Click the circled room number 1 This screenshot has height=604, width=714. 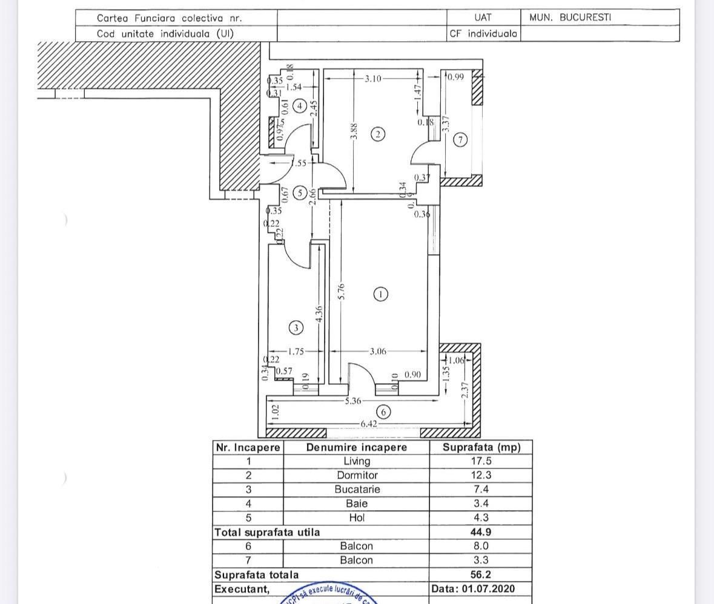[380, 294]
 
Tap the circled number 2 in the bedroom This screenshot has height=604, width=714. [378, 134]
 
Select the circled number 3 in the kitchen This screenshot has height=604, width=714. [296, 328]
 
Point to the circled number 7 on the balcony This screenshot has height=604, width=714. [460, 140]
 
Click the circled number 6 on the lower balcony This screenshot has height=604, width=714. [383, 412]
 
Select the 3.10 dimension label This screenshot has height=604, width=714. [373, 78]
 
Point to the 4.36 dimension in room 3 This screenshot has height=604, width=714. [319, 313]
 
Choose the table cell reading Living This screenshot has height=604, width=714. [356, 461]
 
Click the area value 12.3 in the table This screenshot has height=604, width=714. [481, 476]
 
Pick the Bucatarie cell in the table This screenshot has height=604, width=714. [356, 490]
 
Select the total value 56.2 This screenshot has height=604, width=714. [481, 574]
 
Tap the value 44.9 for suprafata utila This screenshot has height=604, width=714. [481, 532]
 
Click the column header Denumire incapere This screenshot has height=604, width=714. [356, 447]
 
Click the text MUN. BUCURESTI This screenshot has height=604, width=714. [570, 18]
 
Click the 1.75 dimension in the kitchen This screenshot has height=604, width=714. [296, 351]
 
